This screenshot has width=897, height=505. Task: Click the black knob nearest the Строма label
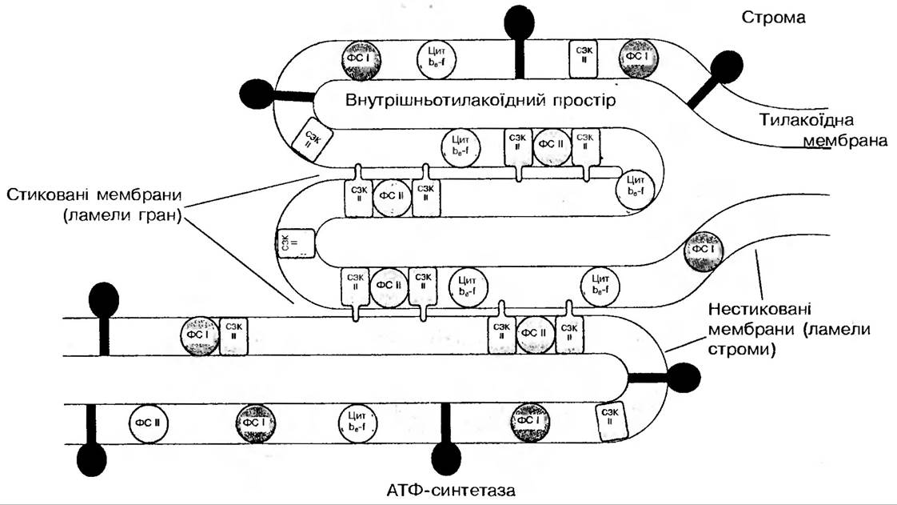[x=727, y=67]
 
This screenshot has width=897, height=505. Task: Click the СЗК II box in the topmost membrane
[x=582, y=58]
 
